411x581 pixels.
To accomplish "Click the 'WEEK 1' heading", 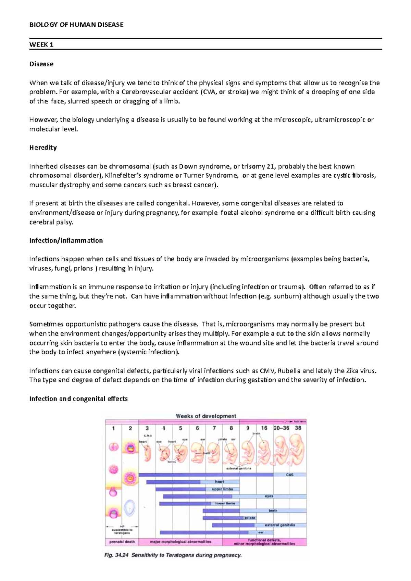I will [41, 45].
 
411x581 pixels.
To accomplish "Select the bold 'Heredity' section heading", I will [43, 148].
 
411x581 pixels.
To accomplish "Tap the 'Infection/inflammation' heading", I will [66, 241].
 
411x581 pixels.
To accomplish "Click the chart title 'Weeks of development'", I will [206, 416].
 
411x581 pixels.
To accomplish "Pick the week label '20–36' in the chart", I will [281, 428].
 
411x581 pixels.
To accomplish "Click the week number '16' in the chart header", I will [264, 428].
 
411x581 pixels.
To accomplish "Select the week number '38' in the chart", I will [298, 428].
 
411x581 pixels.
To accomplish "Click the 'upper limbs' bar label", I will [222, 489].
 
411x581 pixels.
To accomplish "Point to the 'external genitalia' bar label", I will [280, 525].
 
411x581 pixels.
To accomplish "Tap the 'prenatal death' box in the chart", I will [122, 542].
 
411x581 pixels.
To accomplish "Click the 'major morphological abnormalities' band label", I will [180, 542].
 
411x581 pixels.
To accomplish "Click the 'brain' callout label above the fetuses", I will [256, 433].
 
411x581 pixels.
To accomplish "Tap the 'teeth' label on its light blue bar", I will [273, 510].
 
